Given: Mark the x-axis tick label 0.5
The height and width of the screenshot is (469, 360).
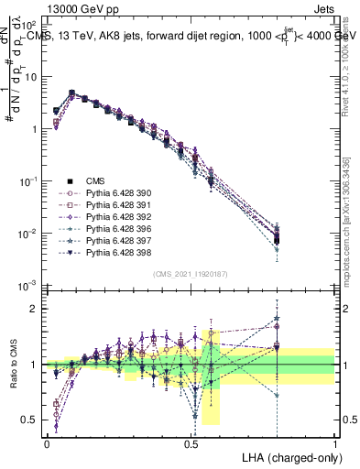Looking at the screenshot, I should [191, 442].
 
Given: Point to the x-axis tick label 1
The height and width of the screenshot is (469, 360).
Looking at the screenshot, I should [334, 442].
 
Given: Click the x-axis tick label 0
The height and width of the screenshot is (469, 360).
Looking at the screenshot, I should [47, 442].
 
